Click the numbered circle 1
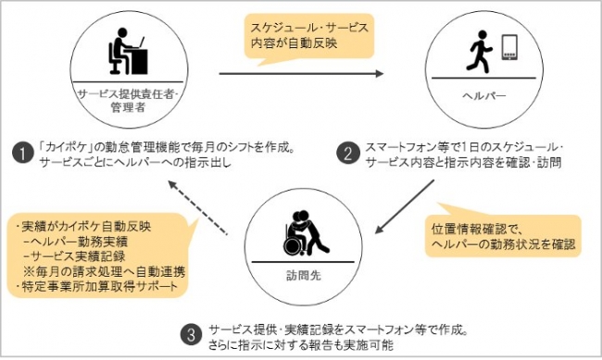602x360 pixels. point(22,154)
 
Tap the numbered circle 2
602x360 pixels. point(348,154)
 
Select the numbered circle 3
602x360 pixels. point(191,336)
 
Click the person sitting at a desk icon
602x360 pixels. point(128,51)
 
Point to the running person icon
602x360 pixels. point(479,52)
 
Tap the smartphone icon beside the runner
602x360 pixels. point(509,47)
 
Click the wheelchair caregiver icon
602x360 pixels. point(307,232)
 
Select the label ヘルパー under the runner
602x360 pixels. point(484,96)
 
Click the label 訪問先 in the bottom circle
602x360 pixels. point(303,276)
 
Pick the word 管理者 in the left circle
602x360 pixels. point(128,107)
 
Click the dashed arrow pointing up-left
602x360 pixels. point(197,207)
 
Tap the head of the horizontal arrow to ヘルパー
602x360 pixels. point(379,73)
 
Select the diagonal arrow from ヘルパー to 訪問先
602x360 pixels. point(405,206)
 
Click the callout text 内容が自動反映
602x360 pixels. point(295,43)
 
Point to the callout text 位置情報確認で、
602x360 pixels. point(476,230)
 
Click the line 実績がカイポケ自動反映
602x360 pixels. point(86,227)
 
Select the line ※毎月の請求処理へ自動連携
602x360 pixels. point(104,272)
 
